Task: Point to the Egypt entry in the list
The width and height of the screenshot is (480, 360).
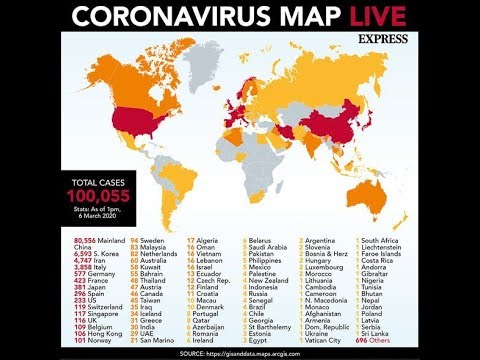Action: tap(259, 338)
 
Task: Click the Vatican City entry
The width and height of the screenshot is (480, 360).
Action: tap(325, 338)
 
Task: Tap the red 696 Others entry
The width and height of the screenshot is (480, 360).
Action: tap(374, 338)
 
